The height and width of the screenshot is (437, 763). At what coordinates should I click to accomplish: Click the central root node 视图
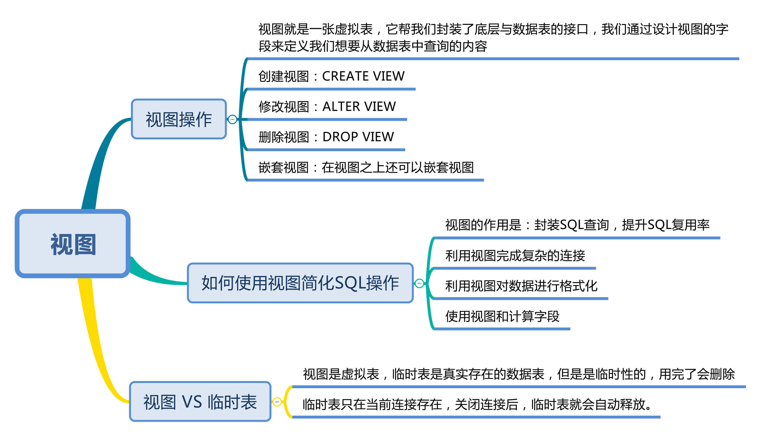pos(73,244)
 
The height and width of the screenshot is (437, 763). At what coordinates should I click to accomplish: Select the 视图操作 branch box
pos(179,119)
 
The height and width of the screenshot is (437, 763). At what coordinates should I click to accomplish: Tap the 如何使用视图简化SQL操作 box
pos(300,283)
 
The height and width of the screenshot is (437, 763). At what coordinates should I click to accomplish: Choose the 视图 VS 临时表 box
pos(200,402)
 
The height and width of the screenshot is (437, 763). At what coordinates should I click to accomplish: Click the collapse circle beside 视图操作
pos(232,120)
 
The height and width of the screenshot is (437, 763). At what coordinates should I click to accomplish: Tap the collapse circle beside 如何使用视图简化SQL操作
pos(419,283)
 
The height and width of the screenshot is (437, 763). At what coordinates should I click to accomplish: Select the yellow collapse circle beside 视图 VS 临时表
pos(277,402)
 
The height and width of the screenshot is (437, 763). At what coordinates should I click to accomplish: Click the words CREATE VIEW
pos(363,76)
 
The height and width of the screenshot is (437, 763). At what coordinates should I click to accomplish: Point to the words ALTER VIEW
pos(359,107)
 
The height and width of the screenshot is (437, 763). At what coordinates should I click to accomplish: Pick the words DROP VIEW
pos(358,137)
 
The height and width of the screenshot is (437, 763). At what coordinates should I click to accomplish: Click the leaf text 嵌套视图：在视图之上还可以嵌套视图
pos(366,167)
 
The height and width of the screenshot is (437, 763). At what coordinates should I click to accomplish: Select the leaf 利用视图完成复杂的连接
pos(515,256)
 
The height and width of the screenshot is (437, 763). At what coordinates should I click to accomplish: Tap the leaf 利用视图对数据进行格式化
pos(521,286)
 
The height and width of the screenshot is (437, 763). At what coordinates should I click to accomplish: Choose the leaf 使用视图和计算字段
pos(502,316)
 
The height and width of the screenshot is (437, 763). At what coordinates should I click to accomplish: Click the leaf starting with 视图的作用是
pos(577,225)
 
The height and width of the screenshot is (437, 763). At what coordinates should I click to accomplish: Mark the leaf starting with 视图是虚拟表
pos(519,374)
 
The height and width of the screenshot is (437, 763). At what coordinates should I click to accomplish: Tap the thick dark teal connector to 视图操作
pos(99,159)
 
